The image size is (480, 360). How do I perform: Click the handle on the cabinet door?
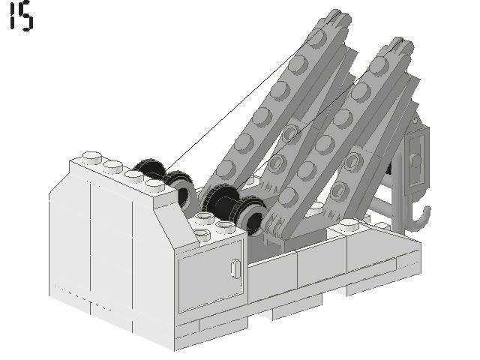[x=235, y=268]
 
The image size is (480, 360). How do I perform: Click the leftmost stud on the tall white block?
[x=92, y=157]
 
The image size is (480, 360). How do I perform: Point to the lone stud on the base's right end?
[x=351, y=223]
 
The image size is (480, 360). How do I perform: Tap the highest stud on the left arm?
[x=316, y=37]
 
